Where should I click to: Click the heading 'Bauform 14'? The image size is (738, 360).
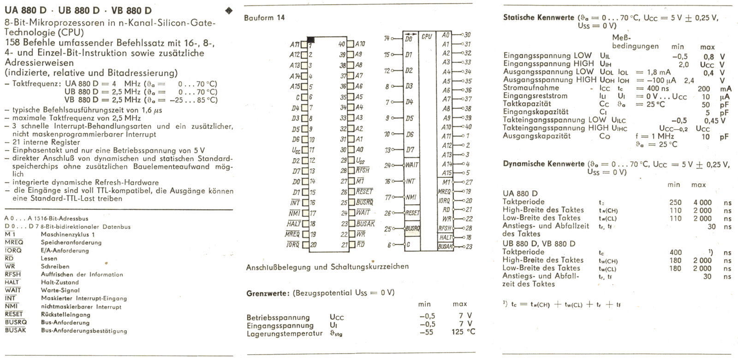tap(264, 18)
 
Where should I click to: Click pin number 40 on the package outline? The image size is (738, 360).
tap(342, 44)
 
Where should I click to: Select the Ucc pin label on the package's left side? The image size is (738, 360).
tap(296, 150)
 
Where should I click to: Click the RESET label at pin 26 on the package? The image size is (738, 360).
tap(364, 192)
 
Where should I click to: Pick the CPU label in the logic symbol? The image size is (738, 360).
tap(427, 36)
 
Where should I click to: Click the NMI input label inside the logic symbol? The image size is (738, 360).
tap(411, 197)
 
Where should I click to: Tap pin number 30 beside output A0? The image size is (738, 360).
tap(467, 35)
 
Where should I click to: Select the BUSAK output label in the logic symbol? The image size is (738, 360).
tap(445, 247)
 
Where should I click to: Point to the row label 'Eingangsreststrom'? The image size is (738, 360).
tap(535, 96)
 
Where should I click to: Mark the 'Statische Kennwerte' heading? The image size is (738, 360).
tap(538, 18)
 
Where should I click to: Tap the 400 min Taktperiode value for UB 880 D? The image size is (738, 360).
tap(675, 253)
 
